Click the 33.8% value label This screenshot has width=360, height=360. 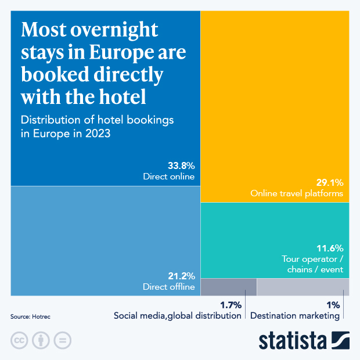pos(181,165)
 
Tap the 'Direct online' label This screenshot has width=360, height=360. pos(168,177)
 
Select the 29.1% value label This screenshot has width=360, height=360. pos(330,181)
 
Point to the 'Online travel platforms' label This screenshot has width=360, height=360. pos(297,193)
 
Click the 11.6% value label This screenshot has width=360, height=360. pos(330,247)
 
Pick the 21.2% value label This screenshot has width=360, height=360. pos(181,275)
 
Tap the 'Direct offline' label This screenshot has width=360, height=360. pos(168,287)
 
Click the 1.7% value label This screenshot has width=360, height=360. pos(230,304)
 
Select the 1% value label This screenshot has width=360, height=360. pos(333,304)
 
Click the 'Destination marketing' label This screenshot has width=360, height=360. pos(294,316)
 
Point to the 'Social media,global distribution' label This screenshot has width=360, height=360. pos(177,316)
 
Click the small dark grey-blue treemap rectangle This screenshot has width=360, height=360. pos(228,287)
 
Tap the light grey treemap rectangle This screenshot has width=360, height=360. pos(303,287)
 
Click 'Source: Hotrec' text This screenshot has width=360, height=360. pos(30,317)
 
